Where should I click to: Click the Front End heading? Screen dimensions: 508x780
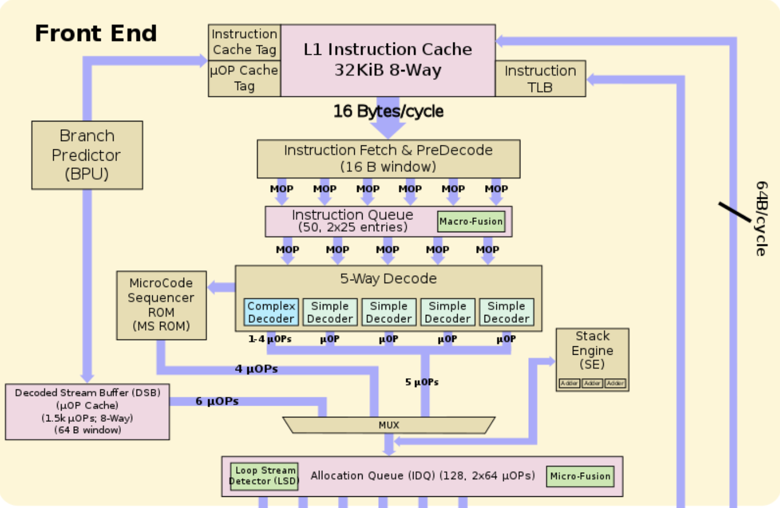(96, 34)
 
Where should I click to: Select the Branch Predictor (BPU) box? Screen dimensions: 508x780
(87, 155)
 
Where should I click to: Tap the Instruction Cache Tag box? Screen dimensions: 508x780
(244, 42)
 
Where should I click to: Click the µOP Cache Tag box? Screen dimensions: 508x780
(244, 78)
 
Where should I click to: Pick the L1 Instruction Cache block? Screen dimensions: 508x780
(388, 60)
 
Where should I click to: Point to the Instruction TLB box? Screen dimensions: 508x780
(540, 79)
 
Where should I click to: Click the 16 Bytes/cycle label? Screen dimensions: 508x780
(388, 111)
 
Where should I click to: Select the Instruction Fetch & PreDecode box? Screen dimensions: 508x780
(388, 158)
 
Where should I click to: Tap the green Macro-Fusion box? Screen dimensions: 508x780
(471, 222)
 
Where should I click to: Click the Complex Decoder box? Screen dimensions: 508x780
(271, 312)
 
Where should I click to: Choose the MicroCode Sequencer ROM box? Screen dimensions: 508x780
(161, 305)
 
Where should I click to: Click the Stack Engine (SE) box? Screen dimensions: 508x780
(592, 358)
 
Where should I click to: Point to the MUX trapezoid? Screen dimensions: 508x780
(388, 425)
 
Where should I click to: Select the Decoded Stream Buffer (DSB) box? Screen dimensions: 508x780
(87, 411)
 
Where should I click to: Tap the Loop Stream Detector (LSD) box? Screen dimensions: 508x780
(264, 476)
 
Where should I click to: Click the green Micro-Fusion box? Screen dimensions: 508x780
(580, 476)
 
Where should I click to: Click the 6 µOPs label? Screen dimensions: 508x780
(217, 401)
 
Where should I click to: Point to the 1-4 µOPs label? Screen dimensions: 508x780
(270, 339)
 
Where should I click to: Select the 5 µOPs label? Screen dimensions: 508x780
(422, 382)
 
